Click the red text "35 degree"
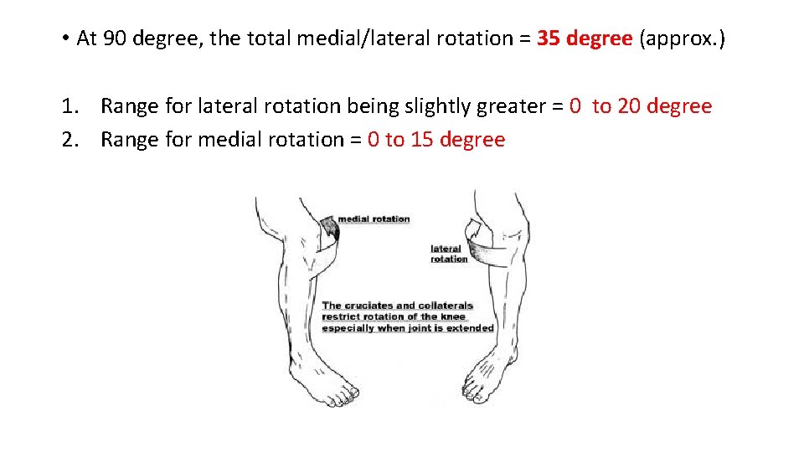tap(585, 39)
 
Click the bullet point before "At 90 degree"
tap(64, 39)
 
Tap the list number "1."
tap(70, 106)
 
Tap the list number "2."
tap(70, 140)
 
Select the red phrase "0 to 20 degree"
tap(640, 106)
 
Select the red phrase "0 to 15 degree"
tap(436, 140)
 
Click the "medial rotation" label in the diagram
tap(374, 219)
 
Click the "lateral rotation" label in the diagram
tap(449, 254)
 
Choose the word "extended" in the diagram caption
tap(470, 328)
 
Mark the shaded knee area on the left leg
tap(329, 228)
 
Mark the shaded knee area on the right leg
tap(480, 245)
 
